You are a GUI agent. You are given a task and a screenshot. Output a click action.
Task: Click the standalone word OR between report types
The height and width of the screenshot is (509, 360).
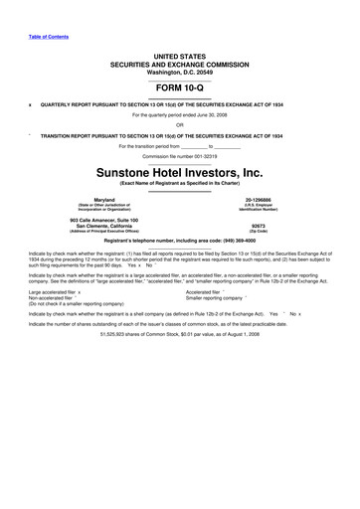(x=179, y=124)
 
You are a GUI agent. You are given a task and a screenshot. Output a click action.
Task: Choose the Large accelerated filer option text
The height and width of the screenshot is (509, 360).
(x=57, y=319)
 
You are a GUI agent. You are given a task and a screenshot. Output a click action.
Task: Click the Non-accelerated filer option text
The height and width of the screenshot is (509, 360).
(x=53, y=325)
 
